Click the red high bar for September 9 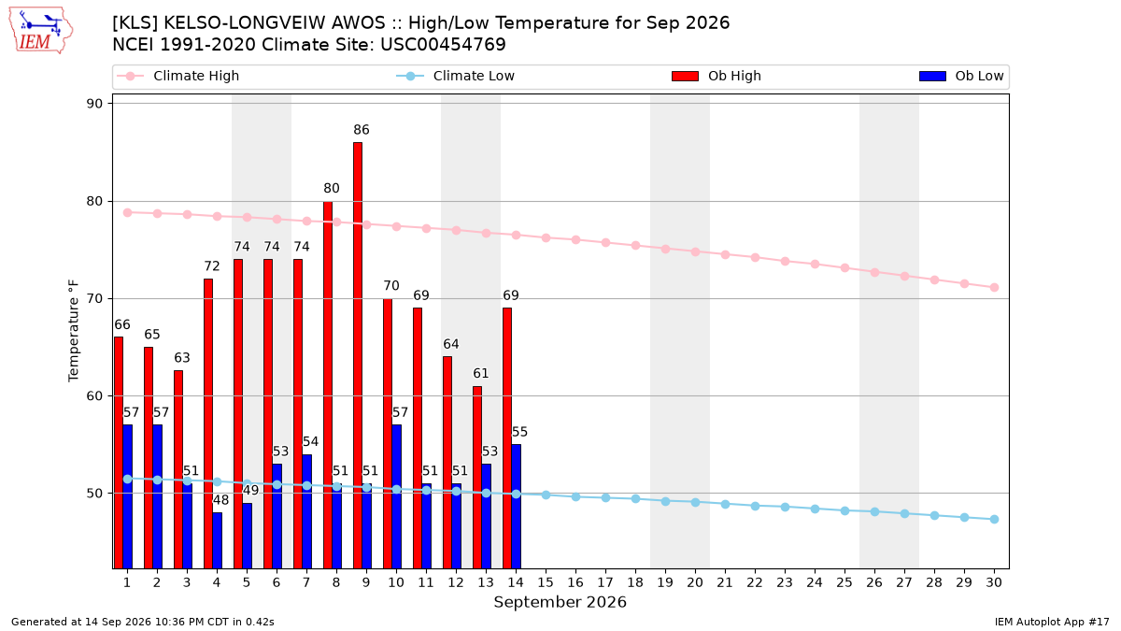click(358, 355)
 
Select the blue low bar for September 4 click(217, 540)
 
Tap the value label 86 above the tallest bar click(362, 130)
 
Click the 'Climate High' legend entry click(178, 76)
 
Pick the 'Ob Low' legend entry click(962, 76)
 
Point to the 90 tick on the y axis click(94, 104)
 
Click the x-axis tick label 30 click(994, 582)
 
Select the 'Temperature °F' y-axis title click(74, 331)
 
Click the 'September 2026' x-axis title click(560, 602)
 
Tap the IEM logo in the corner click(40, 31)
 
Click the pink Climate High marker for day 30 click(994, 288)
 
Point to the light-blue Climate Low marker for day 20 click(695, 502)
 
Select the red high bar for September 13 click(477, 478)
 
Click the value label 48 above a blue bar click(220, 500)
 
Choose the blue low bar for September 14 click(517, 507)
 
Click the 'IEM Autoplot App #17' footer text click(1052, 622)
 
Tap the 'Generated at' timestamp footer click(143, 622)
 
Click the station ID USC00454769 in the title click(444, 45)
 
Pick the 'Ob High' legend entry click(717, 76)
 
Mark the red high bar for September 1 click(119, 452)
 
